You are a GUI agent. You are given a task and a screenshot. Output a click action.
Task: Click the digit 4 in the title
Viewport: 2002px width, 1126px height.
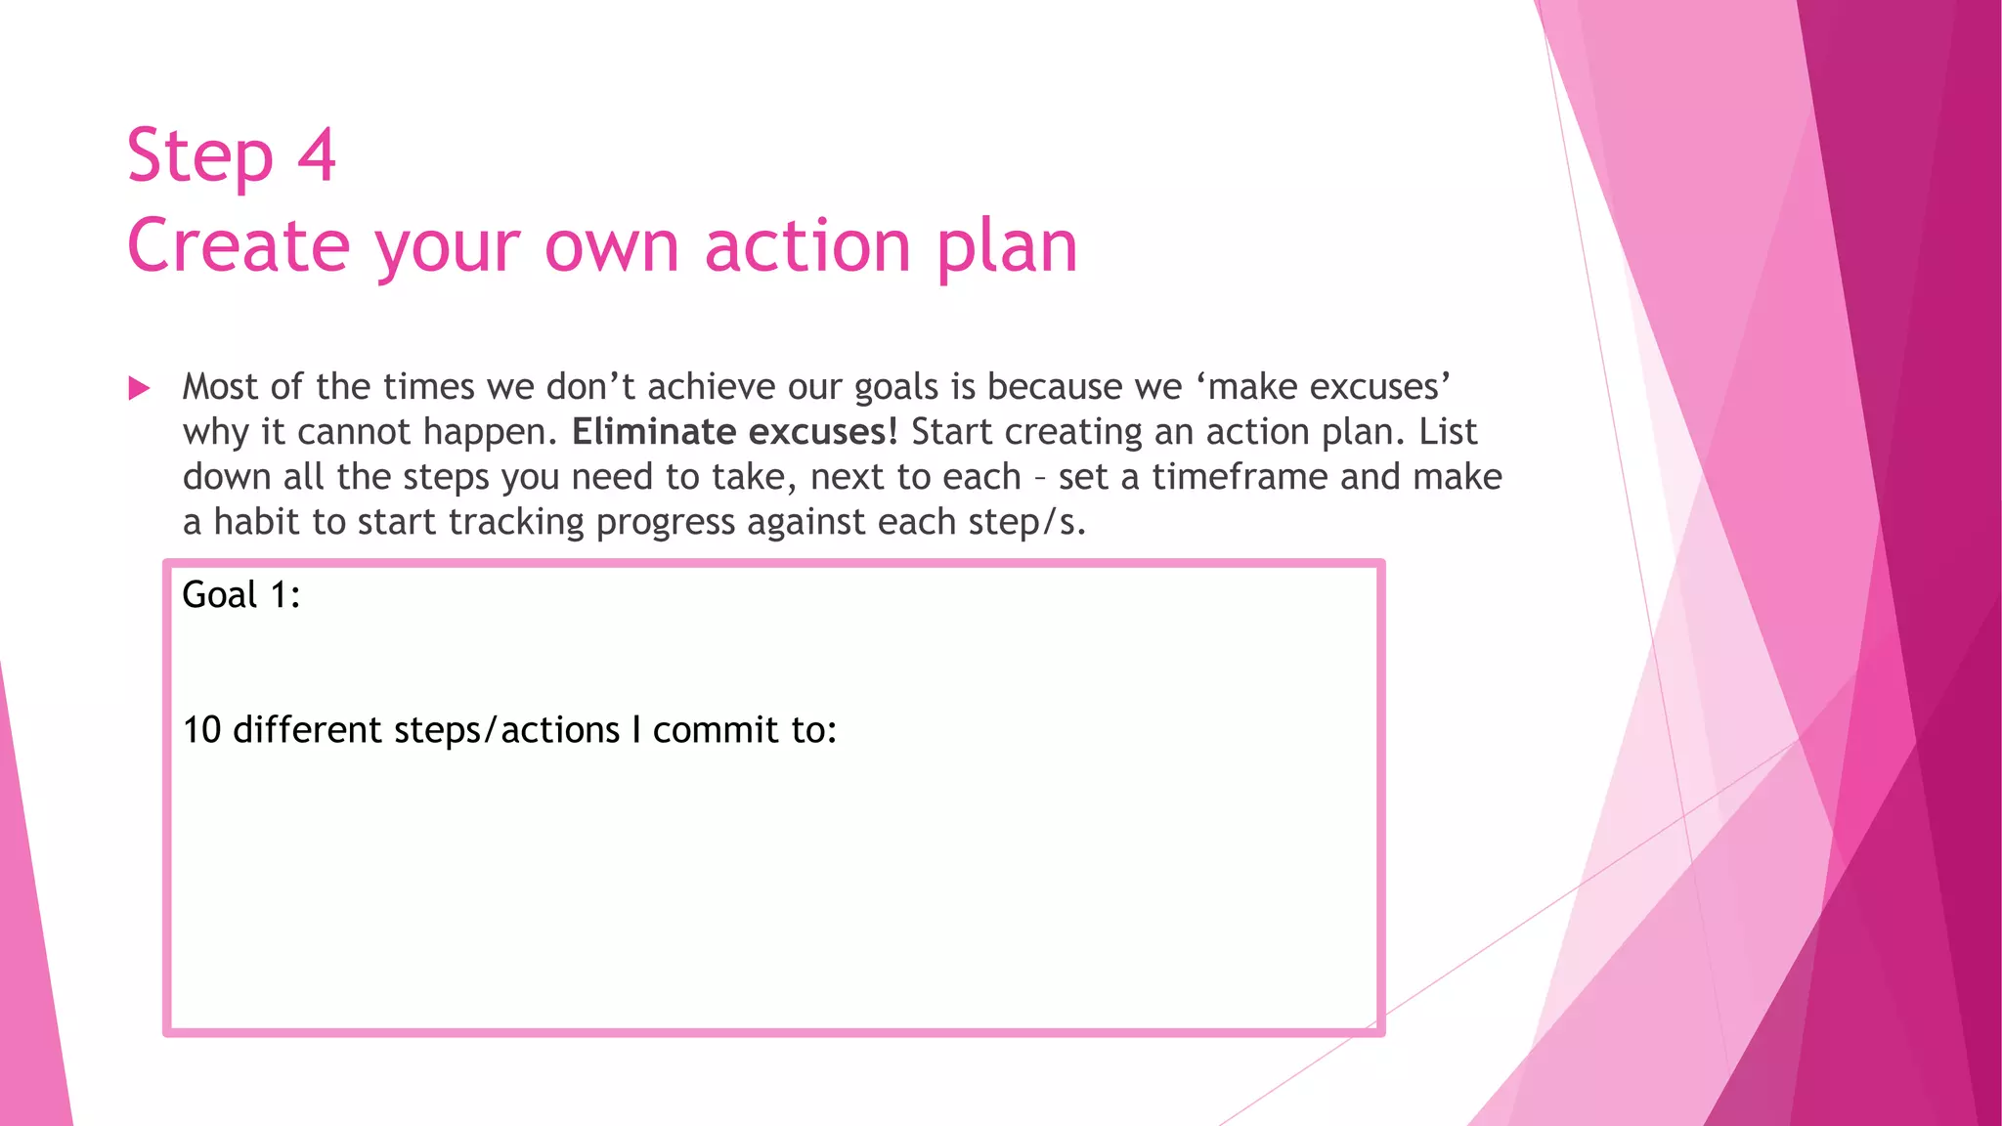click(316, 155)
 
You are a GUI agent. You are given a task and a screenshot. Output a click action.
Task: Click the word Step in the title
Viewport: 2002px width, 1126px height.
click(200, 156)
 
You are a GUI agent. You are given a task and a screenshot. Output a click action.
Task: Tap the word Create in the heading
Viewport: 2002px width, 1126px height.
click(238, 245)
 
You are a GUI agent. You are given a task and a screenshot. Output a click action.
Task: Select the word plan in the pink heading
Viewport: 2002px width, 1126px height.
click(1007, 247)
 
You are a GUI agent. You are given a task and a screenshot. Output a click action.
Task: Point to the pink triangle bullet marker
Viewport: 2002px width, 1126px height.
click(139, 389)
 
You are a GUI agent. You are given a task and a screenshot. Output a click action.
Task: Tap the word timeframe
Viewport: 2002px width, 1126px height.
click(1240, 477)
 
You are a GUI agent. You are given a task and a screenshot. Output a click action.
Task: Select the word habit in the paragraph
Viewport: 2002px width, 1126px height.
click(256, 522)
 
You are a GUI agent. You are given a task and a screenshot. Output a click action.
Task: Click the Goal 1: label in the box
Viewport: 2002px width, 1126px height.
click(241, 594)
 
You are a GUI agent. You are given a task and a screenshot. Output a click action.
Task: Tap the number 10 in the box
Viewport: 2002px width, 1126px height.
click(202, 730)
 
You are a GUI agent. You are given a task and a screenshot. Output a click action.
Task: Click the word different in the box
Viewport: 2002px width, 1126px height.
click(307, 730)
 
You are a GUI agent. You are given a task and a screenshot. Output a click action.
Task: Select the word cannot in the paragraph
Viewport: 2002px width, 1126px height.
click(354, 432)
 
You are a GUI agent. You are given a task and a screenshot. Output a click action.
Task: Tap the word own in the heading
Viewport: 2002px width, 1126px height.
click(611, 247)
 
